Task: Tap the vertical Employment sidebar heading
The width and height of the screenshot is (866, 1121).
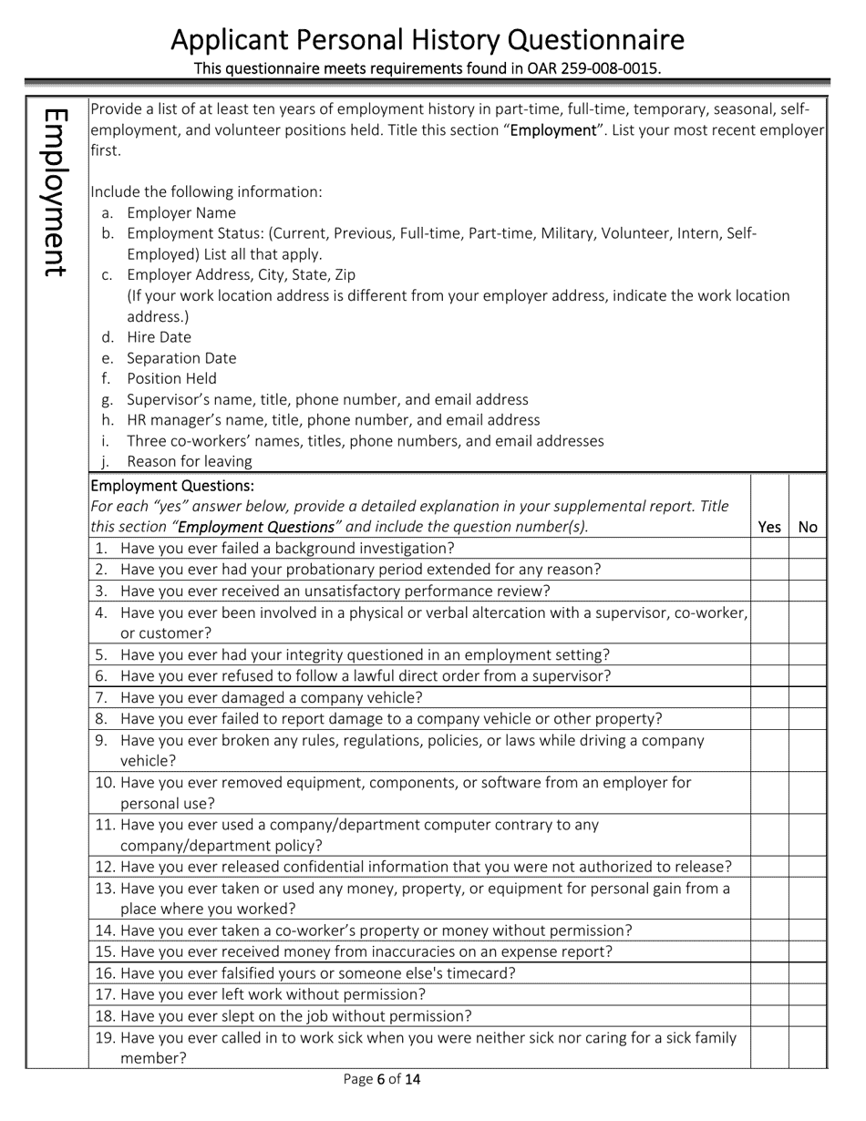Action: pyautogui.click(x=55, y=192)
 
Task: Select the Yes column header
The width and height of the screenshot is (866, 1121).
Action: pyautogui.click(x=769, y=527)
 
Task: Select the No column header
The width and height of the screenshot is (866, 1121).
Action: pyautogui.click(x=808, y=527)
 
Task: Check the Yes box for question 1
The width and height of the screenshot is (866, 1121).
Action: pyautogui.click(x=769, y=549)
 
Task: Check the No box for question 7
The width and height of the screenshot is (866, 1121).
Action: pyautogui.click(x=808, y=698)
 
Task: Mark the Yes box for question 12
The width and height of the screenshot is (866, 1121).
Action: pyautogui.click(x=769, y=867)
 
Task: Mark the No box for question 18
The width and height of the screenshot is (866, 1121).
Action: pyautogui.click(x=808, y=1016)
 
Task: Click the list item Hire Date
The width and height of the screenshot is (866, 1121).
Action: pyautogui.click(x=159, y=337)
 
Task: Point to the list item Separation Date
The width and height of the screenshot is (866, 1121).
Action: pyautogui.click(x=180, y=358)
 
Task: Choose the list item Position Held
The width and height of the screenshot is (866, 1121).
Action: pyautogui.click(x=171, y=378)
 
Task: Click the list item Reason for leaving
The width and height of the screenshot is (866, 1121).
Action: pyautogui.click(x=189, y=461)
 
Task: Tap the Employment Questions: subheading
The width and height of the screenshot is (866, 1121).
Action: pyautogui.click(x=172, y=486)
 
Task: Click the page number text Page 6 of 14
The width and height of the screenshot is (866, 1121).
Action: pyautogui.click(x=382, y=1080)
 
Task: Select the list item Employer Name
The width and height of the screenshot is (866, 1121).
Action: pyautogui.click(x=180, y=213)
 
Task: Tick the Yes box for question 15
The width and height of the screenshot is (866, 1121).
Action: pyautogui.click(x=769, y=952)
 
